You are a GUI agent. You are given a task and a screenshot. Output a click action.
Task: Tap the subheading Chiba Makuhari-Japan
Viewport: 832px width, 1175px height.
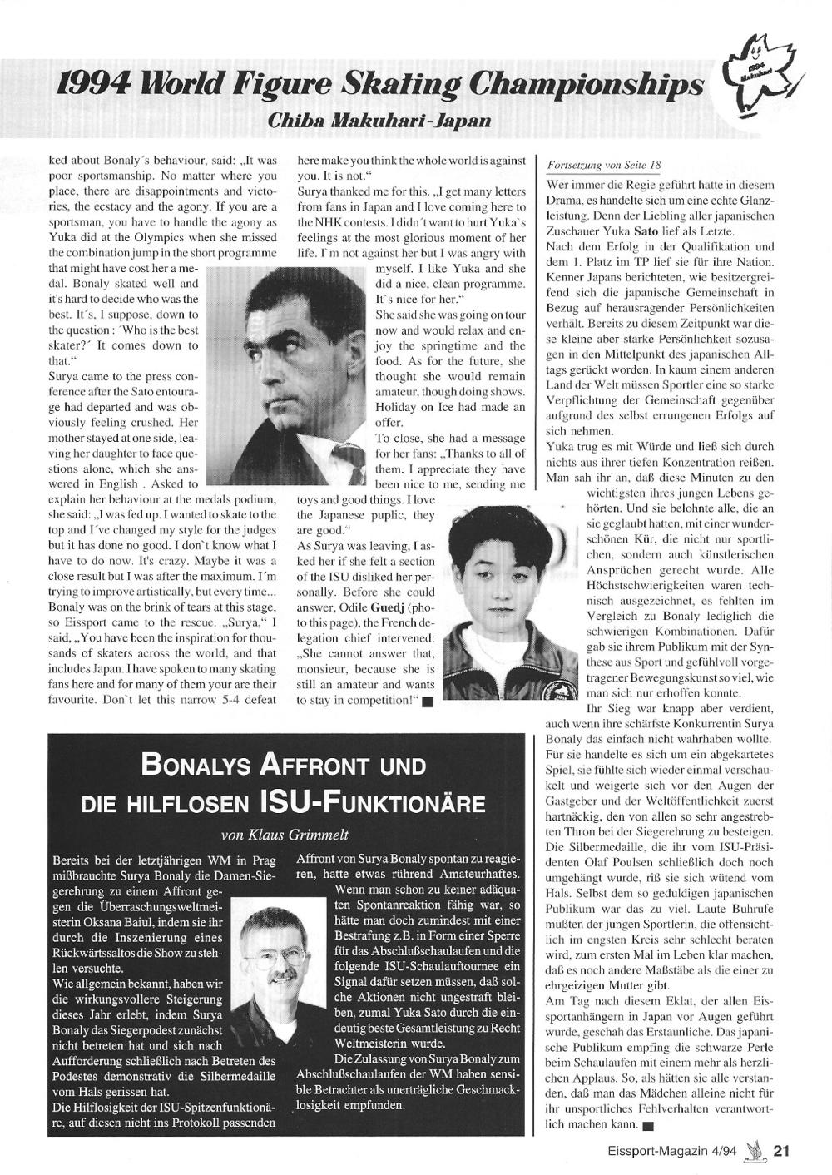[379, 121]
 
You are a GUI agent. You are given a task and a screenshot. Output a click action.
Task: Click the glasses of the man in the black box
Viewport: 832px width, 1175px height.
[275, 968]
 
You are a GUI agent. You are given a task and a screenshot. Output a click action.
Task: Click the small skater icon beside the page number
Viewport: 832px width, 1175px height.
[756, 1150]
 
